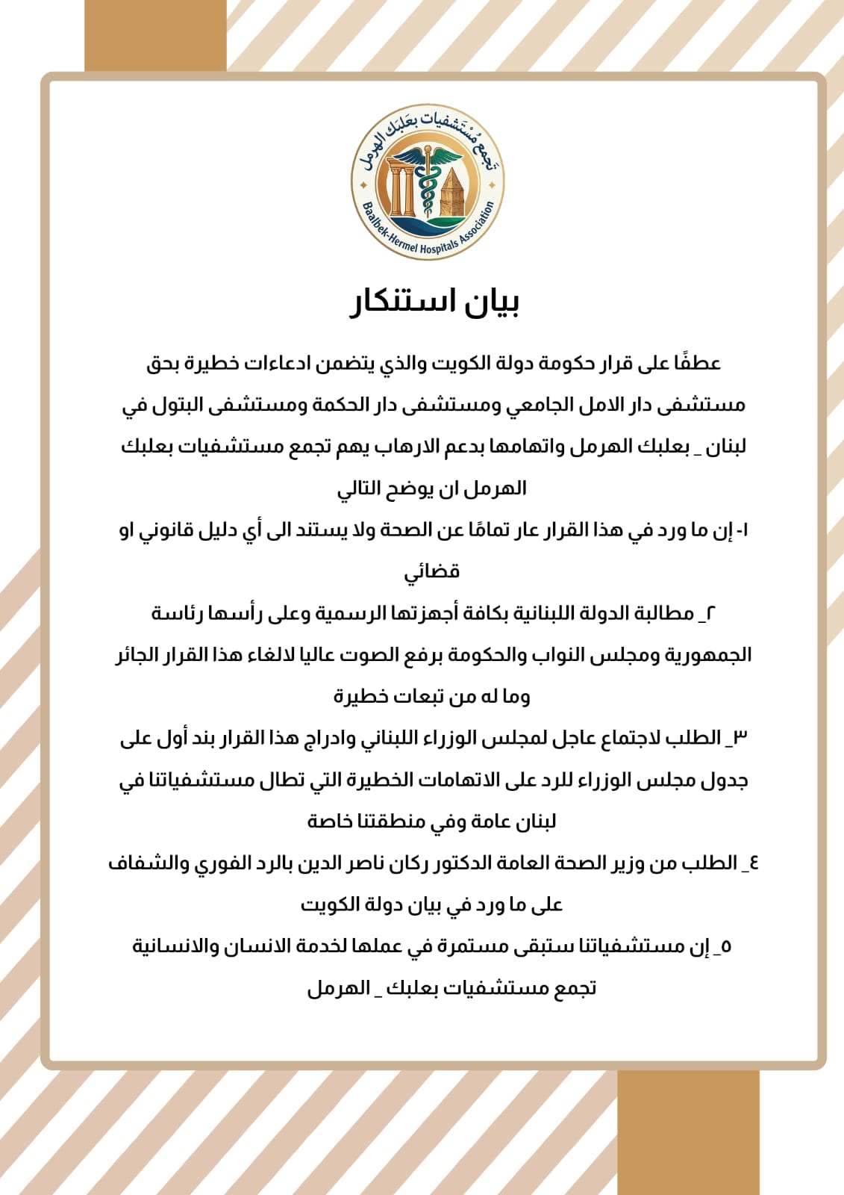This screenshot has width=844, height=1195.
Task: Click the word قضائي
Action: point(432,572)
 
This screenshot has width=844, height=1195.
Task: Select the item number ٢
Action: point(710,613)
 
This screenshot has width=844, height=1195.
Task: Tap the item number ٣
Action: point(739,738)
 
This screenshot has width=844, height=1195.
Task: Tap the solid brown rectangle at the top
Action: point(155,36)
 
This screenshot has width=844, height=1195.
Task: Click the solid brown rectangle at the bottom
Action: point(688,1132)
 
